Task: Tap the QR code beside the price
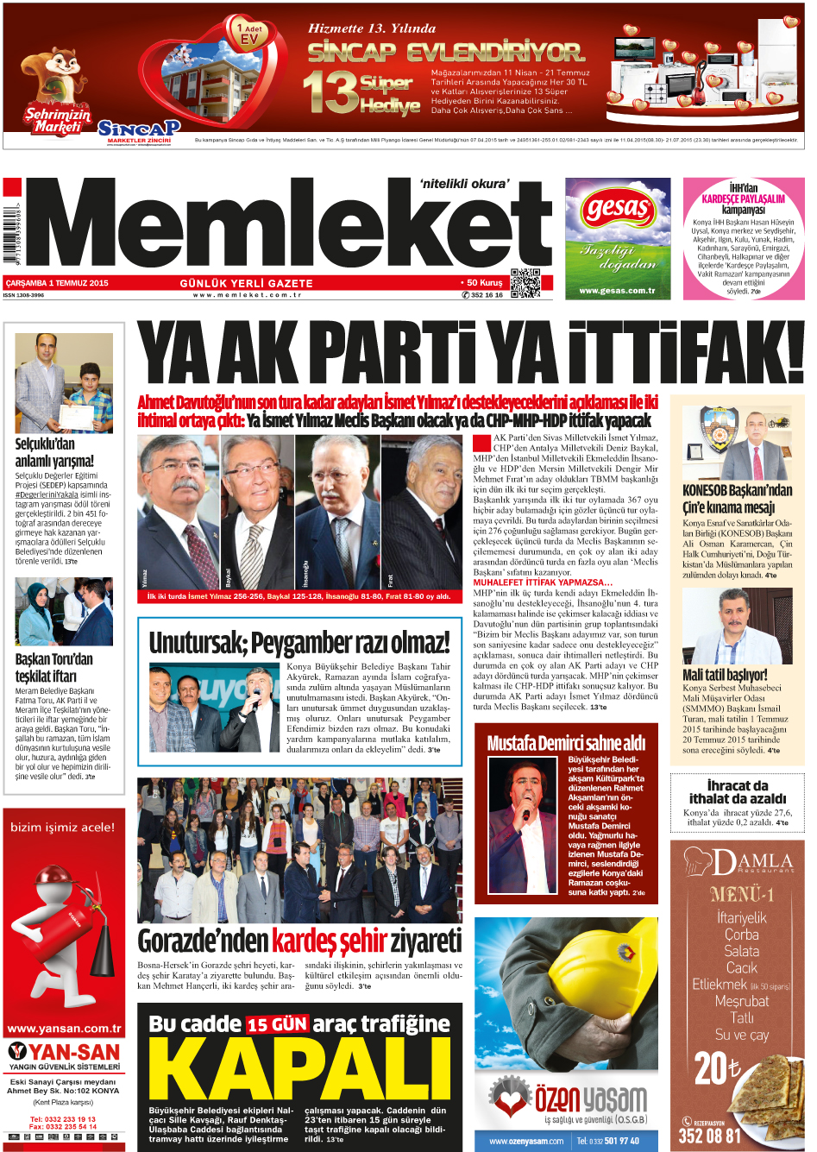[525, 283]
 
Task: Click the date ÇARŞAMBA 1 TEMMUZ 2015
[57, 283]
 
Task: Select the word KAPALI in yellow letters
[300, 1068]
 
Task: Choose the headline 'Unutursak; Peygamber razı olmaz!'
[299, 643]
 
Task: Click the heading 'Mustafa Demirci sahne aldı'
[566, 743]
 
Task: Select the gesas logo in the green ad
[617, 209]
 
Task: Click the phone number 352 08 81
[709, 1136]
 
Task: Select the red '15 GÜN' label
[277, 1024]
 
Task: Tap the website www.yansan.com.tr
[64, 1028]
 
